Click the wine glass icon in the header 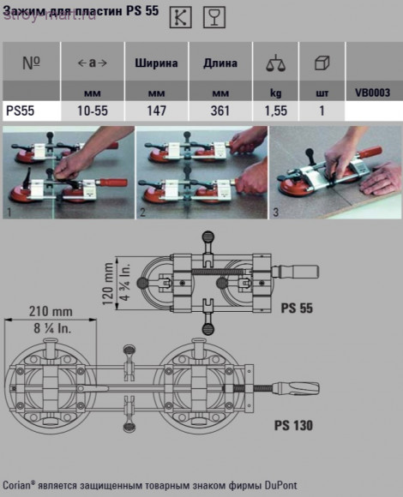tap(214, 17)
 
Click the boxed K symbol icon tap(180, 17)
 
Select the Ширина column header tap(156, 63)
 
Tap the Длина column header tap(220, 63)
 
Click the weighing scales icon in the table tap(275, 63)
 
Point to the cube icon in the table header tap(322, 63)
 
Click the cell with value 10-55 tap(93, 111)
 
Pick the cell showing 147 tap(157, 111)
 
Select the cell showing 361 tap(220, 111)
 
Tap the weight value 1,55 tap(276, 111)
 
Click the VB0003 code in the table tap(373, 93)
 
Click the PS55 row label tap(21, 111)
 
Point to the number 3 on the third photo tap(276, 213)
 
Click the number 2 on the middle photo tap(142, 212)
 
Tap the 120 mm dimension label tap(108, 284)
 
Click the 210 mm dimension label tap(51, 312)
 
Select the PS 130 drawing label tap(293, 425)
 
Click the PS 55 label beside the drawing tap(297, 308)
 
